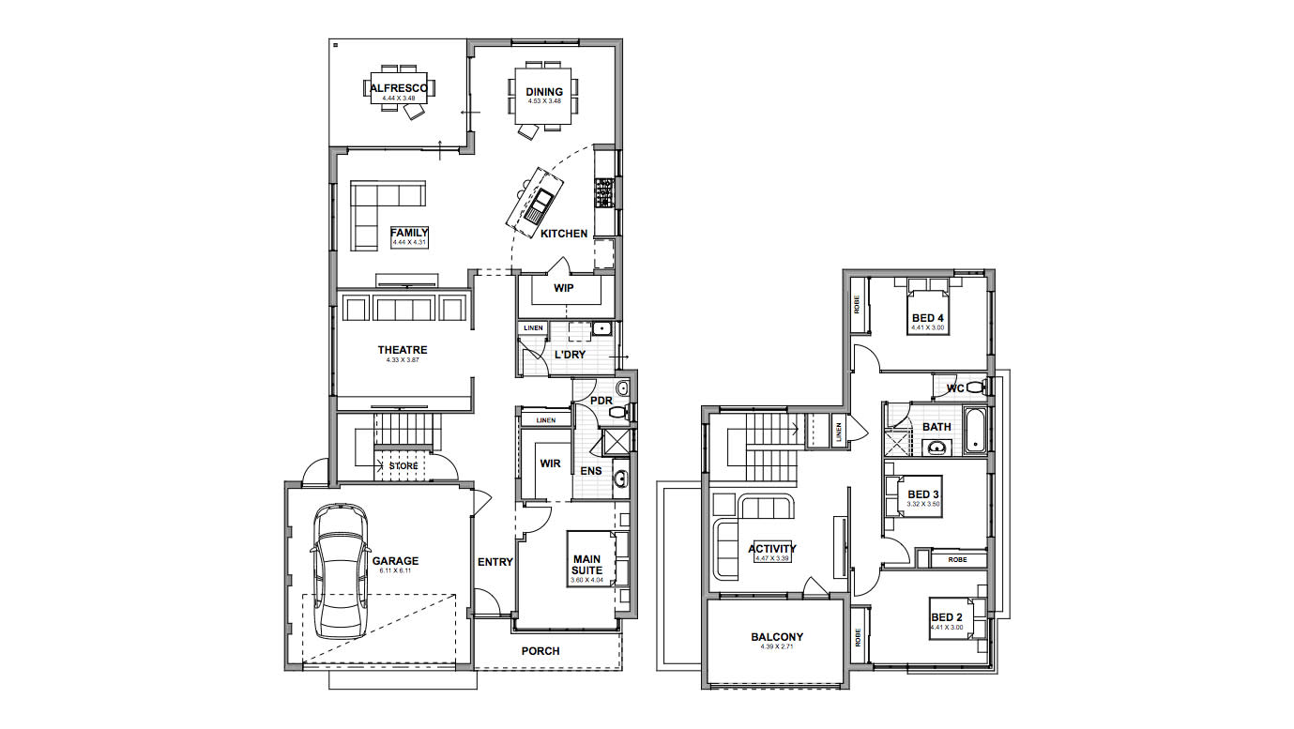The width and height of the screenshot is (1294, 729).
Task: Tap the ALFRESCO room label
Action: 399,88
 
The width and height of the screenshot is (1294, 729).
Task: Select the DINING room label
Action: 544,92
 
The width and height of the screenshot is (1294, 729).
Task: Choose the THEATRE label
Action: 403,350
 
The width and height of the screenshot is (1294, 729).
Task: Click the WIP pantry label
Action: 563,288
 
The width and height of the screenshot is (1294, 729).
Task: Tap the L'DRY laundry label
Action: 570,355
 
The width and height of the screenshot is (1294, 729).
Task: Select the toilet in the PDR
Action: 622,409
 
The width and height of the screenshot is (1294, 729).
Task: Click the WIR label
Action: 550,463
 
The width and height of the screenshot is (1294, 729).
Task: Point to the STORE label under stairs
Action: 403,465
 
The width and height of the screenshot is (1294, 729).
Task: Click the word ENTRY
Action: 495,562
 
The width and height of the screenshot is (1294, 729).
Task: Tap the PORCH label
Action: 540,650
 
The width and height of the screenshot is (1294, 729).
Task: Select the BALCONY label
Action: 777,637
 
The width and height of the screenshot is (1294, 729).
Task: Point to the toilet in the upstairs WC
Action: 975,387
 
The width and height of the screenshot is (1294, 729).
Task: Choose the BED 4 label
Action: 927,318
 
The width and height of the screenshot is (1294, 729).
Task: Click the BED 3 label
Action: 923,494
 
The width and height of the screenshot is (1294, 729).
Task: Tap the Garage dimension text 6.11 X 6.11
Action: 396,570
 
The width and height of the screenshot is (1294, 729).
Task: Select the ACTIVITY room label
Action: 772,549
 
